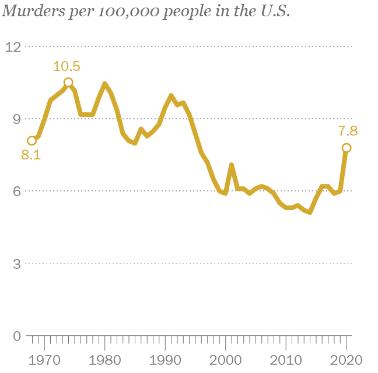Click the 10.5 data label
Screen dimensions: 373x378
[66, 66]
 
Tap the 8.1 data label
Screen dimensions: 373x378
[31, 155]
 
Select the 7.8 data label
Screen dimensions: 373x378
[347, 132]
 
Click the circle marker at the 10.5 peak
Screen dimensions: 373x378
[68, 83]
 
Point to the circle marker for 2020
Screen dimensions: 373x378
[346, 148]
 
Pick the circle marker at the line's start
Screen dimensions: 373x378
[32, 141]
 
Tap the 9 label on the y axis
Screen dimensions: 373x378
[17, 119]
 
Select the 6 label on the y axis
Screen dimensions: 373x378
[17, 191]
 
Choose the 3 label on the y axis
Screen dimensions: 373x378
[17, 264]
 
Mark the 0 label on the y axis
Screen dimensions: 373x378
[17, 336]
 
